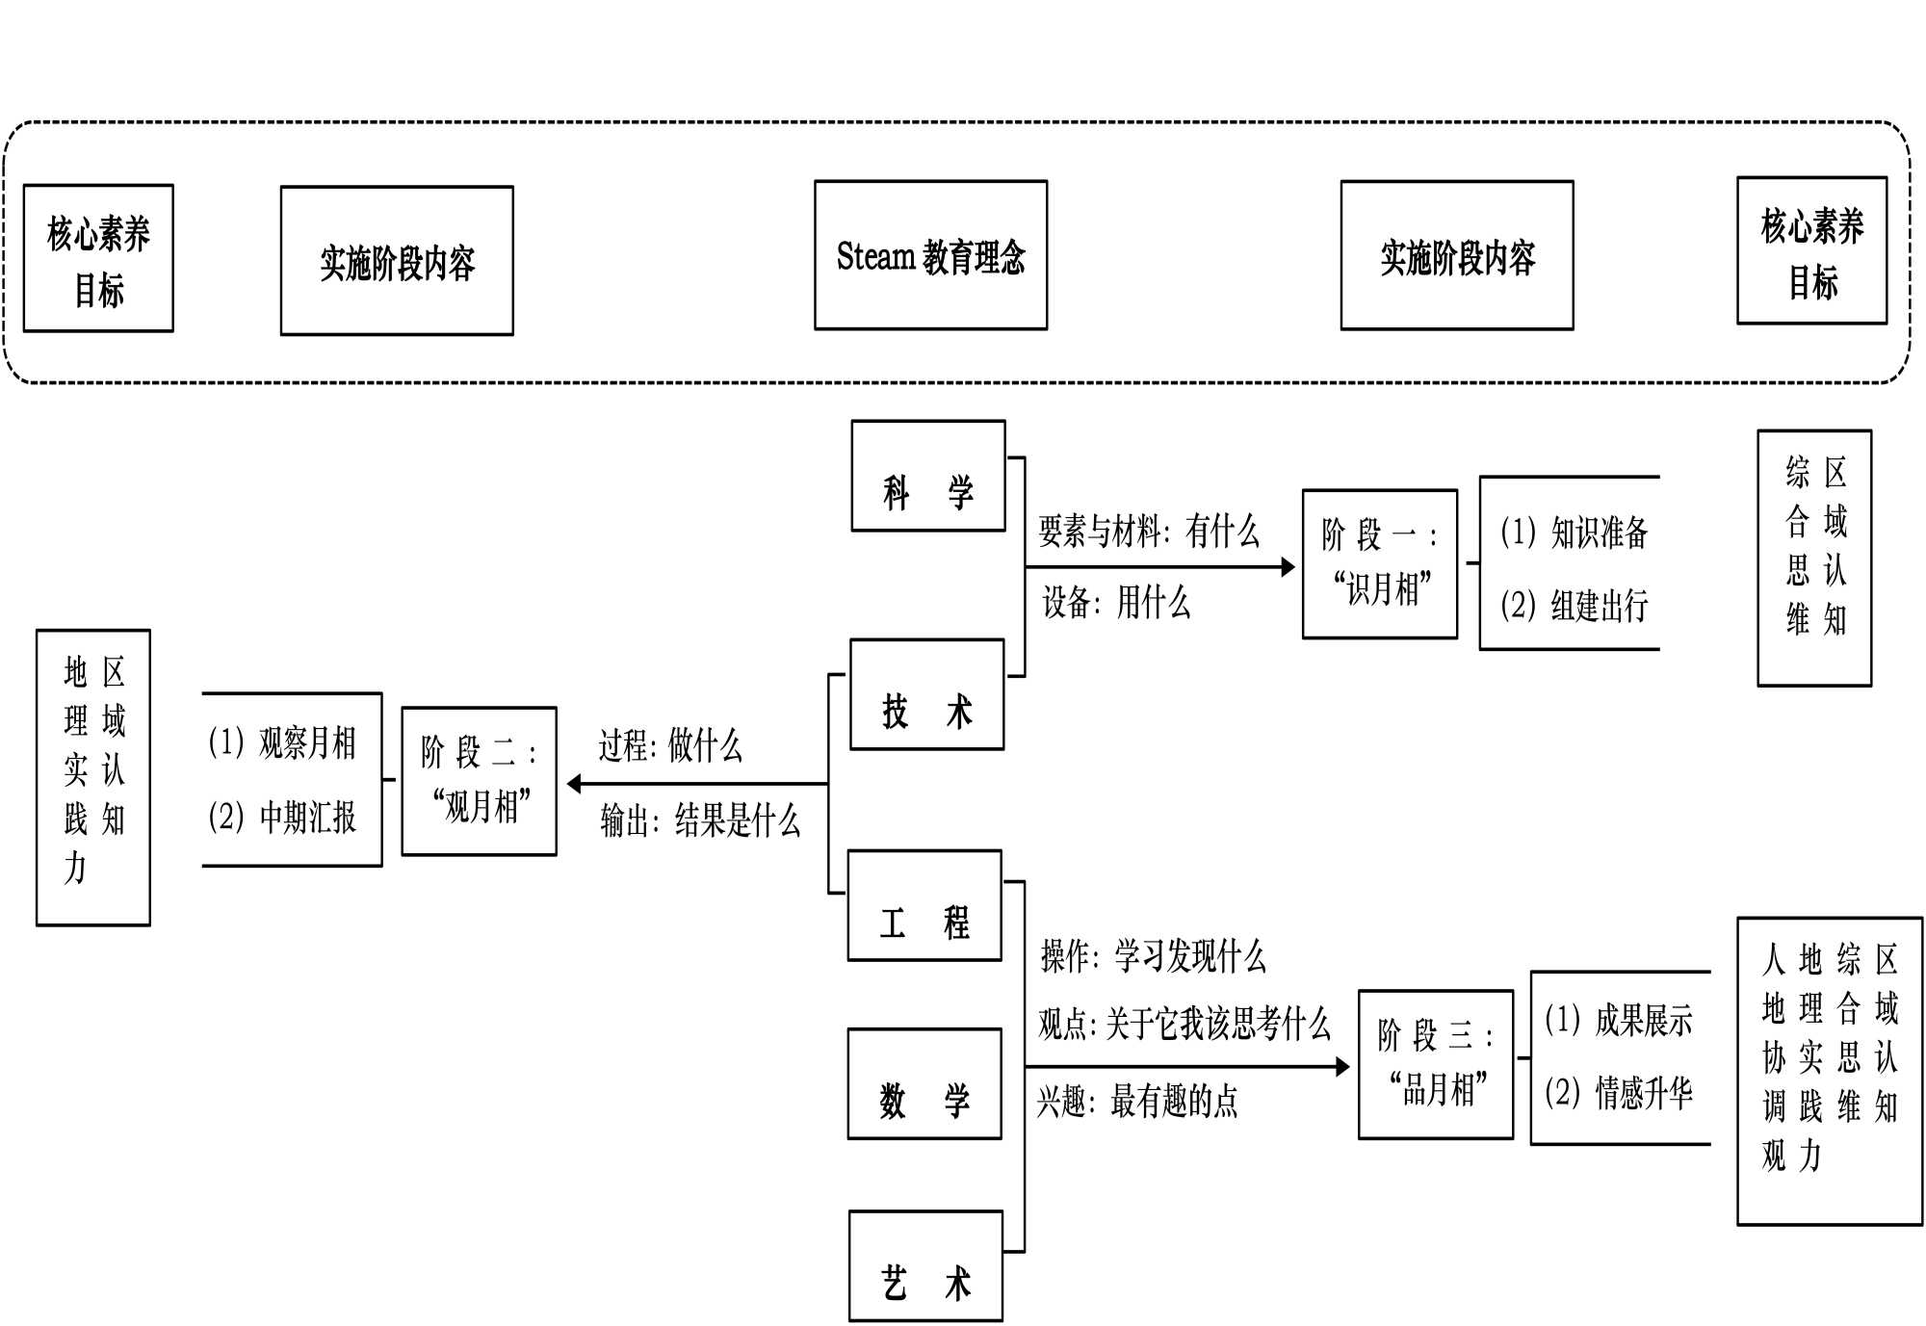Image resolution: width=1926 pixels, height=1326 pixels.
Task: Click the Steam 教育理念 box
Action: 930,255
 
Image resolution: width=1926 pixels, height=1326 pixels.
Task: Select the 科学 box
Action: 928,476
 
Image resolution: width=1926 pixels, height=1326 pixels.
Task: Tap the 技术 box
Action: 926,694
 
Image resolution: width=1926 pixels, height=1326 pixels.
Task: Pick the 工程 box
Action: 924,905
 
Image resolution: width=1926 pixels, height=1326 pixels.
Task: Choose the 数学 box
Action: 924,1084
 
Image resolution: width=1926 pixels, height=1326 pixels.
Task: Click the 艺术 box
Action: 925,1265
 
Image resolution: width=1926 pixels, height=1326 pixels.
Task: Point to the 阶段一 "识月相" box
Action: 1379,563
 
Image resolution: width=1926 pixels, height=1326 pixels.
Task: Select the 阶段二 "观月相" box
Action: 479,781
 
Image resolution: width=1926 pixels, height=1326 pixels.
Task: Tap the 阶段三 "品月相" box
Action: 1435,1064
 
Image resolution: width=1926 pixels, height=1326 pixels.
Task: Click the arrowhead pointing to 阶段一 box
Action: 1288,567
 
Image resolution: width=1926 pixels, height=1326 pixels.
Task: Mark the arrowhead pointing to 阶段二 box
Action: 575,784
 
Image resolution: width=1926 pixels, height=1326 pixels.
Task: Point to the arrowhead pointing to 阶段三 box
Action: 1342,1066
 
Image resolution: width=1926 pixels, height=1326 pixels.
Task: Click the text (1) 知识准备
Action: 1574,533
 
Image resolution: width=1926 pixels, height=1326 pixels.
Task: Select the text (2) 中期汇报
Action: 282,818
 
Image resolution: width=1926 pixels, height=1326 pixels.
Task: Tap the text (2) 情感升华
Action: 1618,1093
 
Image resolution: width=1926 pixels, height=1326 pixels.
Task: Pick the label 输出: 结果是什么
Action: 700,820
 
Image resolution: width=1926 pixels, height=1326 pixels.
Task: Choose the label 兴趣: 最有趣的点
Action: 1137,1101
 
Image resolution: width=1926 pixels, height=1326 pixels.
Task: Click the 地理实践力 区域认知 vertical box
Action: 93,777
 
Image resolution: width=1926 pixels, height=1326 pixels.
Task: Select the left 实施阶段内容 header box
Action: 397,261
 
